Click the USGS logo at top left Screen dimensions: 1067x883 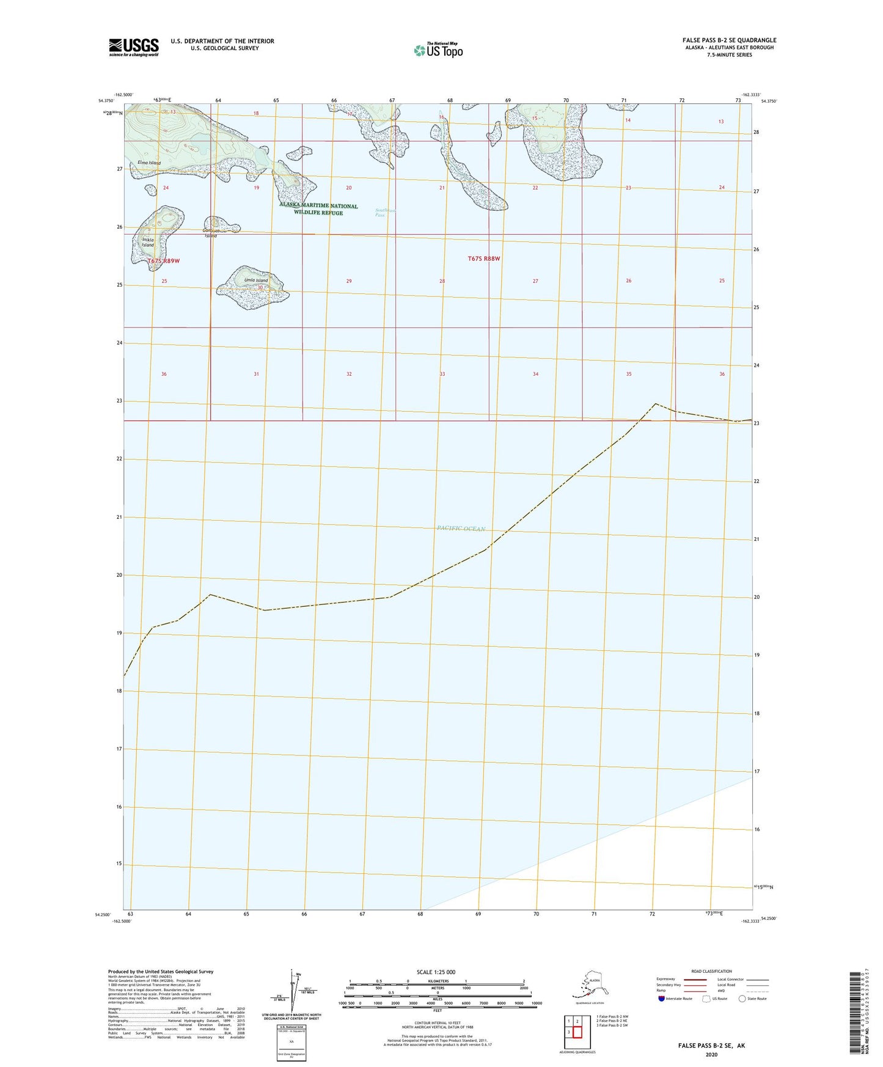click(x=133, y=47)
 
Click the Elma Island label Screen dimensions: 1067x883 click(x=149, y=163)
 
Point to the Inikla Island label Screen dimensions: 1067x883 click(x=148, y=242)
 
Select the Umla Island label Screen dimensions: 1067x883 click(x=256, y=280)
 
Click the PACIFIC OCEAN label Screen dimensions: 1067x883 click(x=461, y=529)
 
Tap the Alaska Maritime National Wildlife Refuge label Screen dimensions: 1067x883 click(x=318, y=209)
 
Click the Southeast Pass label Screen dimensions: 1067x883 click(x=385, y=213)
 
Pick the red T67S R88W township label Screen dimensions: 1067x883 click(x=484, y=258)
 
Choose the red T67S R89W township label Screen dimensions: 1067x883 click(x=164, y=261)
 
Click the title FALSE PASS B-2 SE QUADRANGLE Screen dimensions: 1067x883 click(x=729, y=40)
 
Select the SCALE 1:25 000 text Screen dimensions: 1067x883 click(x=436, y=972)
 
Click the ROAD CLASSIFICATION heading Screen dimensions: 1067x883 click(x=711, y=971)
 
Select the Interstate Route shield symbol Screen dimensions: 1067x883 click(x=662, y=999)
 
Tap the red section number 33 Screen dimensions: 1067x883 click(x=442, y=374)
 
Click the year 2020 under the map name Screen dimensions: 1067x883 click(x=711, y=1054)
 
